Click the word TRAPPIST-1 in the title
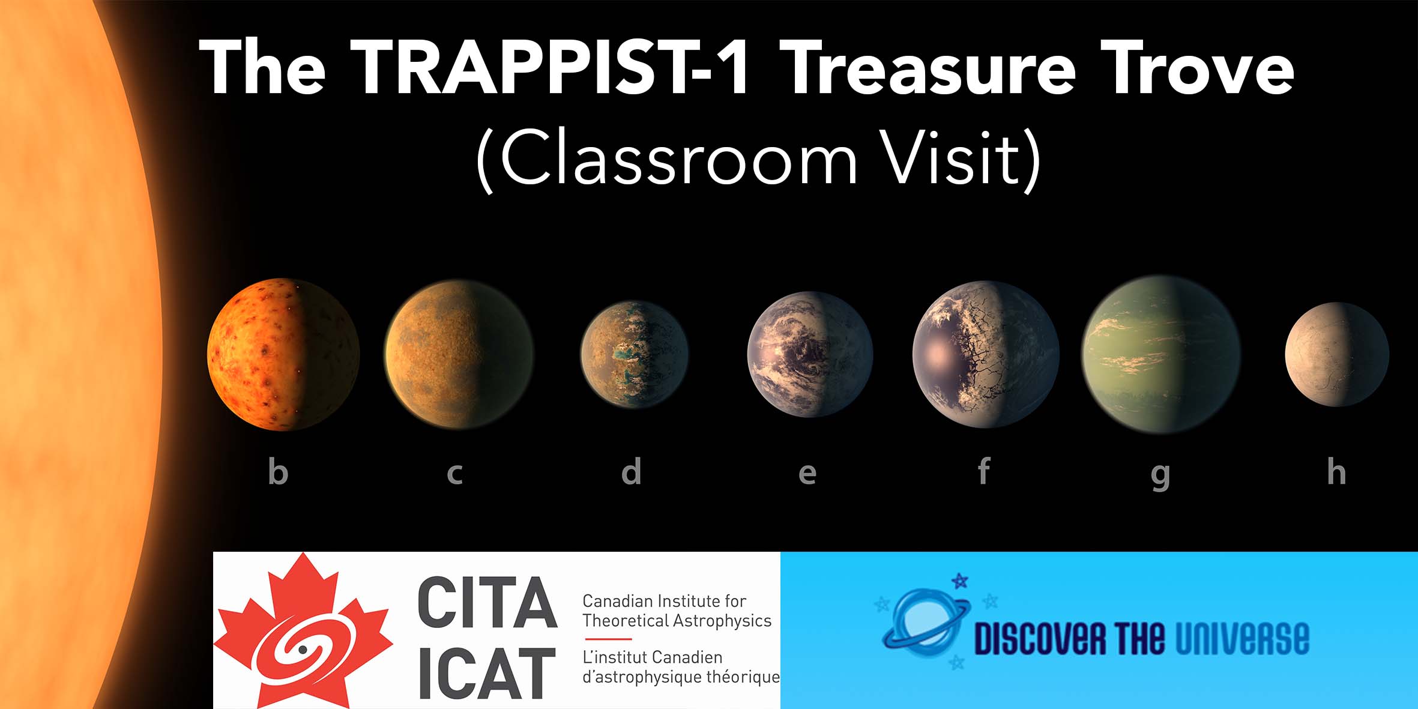(549, 67)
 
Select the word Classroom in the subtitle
(679, 157)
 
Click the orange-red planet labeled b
(283, 354)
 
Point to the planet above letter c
(459, 354)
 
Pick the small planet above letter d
(634, 354)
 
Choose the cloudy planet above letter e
(810, 354)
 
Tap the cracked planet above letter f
(986, 354)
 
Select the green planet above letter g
(1161, 354)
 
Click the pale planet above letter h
(1337, 354)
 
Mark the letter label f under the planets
(983, 471)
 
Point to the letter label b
(278, 471)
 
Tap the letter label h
(1336, 471)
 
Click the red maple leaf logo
(303, 631)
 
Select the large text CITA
(487, 603)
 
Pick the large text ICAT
(487, 673)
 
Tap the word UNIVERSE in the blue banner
(1242, 638)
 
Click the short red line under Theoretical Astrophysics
(608, 639)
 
